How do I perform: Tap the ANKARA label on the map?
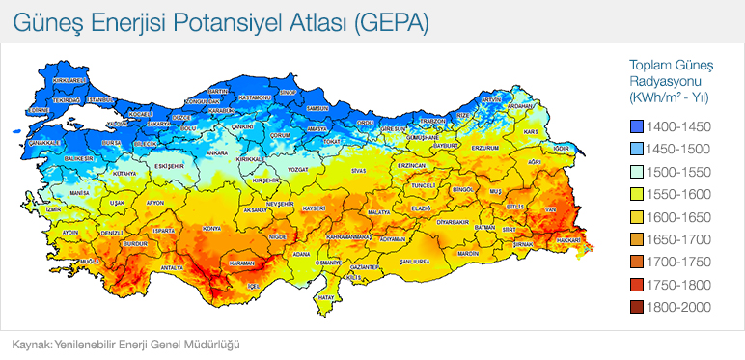click(x=217, y=152)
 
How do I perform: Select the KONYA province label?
click(x=211, y=229)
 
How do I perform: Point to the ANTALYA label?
click(x=172, y=267)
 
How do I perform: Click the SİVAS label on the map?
click(x=360, y=170)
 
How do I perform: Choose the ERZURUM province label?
click(x=484, y=149)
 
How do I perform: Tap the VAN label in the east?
click(x=551, y=209)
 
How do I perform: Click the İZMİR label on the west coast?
click(x=53, y=208)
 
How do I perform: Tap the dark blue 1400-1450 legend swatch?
click(x=636, y=127)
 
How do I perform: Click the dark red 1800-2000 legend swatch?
click(x=636, y=307)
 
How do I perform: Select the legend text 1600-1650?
click(x=678, y=217)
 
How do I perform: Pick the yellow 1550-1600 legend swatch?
click(x=636, y=195)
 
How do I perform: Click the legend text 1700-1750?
click(x=678, y=262)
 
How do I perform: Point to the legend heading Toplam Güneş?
click(x=670, y=64)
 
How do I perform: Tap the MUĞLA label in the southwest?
click(x=90, y=262)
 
